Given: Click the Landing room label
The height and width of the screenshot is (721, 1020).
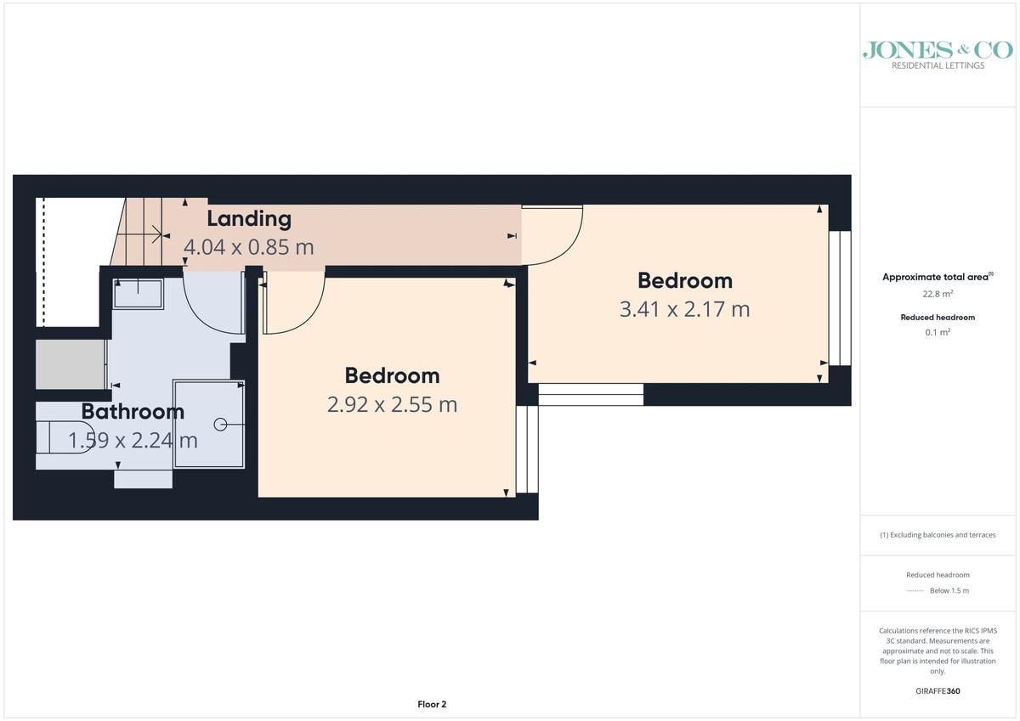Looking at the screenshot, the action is tap(249, 219).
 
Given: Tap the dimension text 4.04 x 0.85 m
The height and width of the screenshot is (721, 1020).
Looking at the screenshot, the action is tap(248, 247).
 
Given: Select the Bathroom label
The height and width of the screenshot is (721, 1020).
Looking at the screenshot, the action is tap(133, 412).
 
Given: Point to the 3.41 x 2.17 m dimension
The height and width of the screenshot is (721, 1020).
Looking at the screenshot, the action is tap(684, 309).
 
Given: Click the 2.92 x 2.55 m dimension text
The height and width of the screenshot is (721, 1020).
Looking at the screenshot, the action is tap(392, 404).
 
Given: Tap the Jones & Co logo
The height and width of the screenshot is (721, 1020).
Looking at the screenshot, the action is tap(938, 55).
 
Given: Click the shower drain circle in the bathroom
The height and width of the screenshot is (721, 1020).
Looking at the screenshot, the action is tap(220, 425).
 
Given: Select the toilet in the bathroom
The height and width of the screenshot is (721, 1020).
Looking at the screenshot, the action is tap(65, 437).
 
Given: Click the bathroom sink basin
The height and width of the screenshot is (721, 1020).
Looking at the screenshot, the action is tap(138, 294).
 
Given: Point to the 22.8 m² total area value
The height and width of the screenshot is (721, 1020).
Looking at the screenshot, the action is tap(938, 294).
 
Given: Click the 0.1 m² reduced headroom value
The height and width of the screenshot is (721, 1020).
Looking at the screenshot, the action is tap(938, 332).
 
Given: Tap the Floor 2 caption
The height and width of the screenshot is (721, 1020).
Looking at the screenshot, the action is tap(432, 704).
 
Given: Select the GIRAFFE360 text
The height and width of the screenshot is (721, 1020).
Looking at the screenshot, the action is tap(938, 691).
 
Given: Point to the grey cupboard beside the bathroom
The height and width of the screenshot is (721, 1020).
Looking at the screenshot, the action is tap(71, 364).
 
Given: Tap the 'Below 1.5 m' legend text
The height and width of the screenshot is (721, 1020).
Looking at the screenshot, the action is tap(949, 590).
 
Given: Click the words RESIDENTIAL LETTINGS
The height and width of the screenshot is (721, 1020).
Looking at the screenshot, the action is tap(938, 65).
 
